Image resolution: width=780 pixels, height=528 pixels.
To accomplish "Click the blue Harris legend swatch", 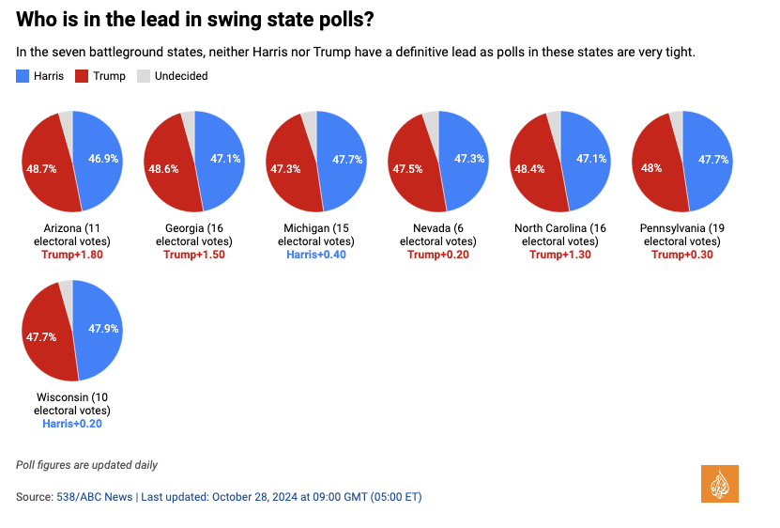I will pos(23,76).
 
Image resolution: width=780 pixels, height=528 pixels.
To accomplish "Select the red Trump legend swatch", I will pos(82,76).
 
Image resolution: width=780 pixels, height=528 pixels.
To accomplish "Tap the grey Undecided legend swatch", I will pos(144,76).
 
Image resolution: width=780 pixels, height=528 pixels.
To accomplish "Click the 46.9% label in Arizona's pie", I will pos(102,159).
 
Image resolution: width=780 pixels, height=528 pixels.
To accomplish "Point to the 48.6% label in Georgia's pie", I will pos(163,168).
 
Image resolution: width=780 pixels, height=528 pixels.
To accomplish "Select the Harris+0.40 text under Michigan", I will pos(316,255).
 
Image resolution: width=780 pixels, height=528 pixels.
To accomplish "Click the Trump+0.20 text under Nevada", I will pos(438,255).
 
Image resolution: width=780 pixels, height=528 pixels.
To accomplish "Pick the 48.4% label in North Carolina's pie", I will pos(529,168).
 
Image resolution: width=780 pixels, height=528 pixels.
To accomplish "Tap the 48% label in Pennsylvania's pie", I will pos(651,168).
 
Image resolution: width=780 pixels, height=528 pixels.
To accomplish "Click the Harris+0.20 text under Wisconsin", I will pos(72,424).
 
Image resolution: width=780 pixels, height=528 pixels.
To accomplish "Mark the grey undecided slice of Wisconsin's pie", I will pos(66,287).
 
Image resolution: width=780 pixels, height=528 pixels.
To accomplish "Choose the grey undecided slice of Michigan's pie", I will pos(310,118).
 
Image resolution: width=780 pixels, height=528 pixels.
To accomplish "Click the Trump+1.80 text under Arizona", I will pos(72,255).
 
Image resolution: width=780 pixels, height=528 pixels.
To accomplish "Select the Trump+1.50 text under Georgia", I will pos(194,255).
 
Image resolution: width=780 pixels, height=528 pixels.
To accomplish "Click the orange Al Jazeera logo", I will pos(720,483).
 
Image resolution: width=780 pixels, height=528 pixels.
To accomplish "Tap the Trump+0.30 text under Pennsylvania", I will pos(682,255).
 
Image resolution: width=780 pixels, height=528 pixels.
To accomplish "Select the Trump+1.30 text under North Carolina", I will pos(560,255).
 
